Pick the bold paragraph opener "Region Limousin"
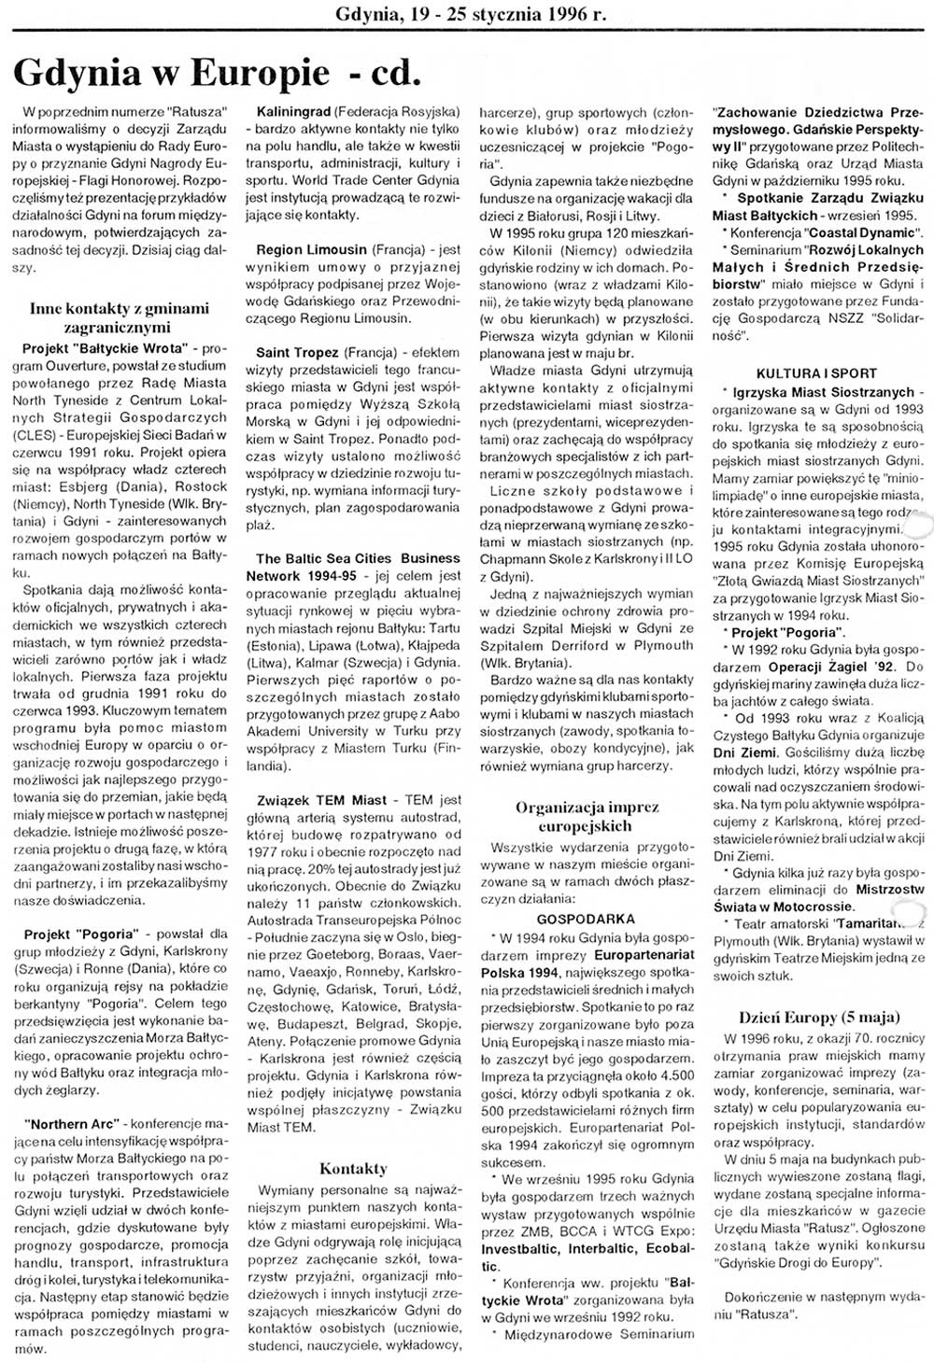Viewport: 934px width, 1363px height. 311,250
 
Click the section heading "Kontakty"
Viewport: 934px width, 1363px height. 353,1168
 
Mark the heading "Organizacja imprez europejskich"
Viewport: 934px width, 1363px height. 587,816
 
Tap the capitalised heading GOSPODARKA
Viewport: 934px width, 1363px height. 586,919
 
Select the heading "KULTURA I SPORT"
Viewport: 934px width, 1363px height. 816,373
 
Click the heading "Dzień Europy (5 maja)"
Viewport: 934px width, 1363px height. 819,1017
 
